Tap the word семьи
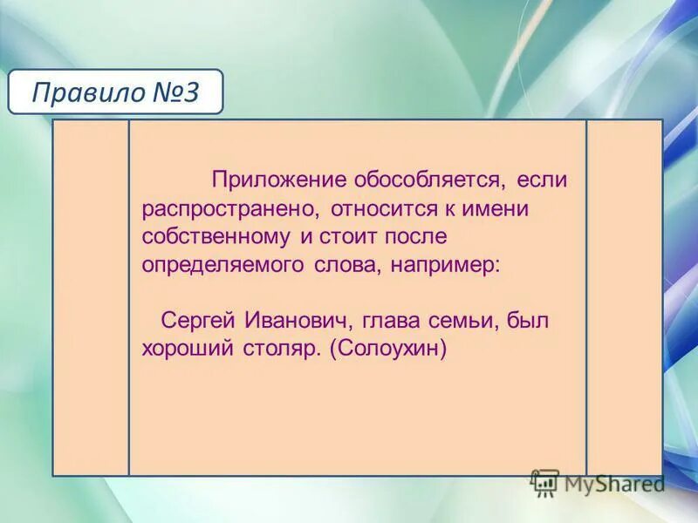click(x=470, y=321)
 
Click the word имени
click(x=491, y=209)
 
